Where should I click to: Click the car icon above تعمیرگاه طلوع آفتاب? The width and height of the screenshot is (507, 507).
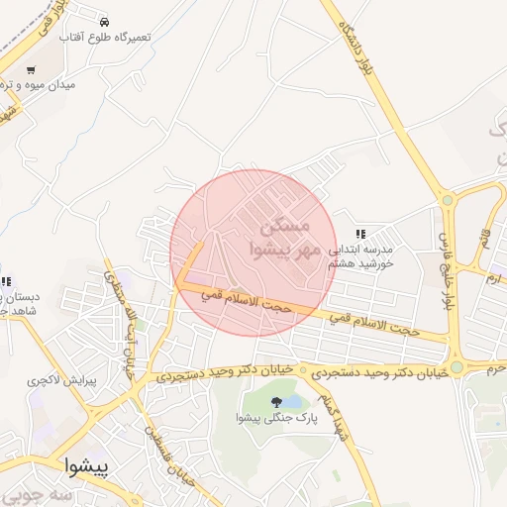point(105,21)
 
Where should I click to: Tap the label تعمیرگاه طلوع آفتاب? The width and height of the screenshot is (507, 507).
point(105,37)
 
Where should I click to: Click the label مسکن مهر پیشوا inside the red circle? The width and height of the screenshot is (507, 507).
point(283,236)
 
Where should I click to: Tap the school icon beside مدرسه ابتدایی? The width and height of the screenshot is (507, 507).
point(361,234)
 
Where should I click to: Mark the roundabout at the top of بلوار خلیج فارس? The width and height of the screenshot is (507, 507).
point(448,200)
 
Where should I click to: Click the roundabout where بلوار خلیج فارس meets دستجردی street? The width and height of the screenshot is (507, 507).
point(456,366)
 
